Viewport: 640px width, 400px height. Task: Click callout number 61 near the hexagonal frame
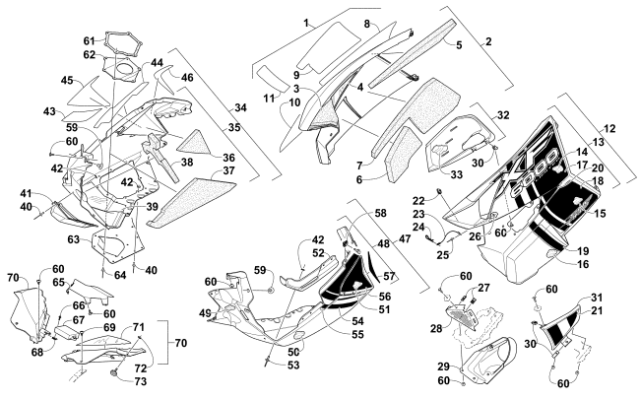[x=89, y=40]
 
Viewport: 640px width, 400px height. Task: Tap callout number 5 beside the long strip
[x=459, y=44]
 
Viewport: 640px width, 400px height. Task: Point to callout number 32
[x=503, y=115]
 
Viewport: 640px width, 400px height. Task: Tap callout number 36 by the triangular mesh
[x=227, y=158]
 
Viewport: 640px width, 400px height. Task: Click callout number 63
[x=74, y=239]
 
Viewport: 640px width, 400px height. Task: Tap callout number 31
[x=597, y=299]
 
